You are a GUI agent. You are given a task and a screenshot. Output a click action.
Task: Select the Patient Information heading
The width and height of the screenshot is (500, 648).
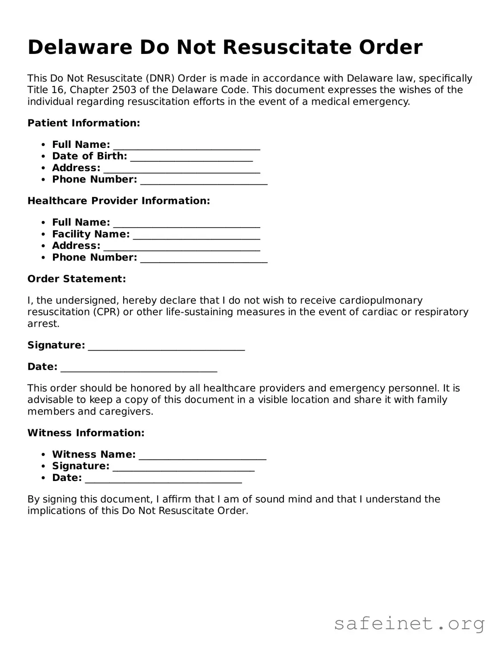pos(84,123)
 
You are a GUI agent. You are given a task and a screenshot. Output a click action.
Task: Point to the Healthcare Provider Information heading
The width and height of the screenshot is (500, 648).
pos(118,201)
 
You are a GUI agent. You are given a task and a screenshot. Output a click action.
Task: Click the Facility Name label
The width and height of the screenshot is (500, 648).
pos(91,234)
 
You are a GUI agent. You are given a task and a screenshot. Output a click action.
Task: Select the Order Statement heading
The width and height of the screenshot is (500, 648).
pos(77,279)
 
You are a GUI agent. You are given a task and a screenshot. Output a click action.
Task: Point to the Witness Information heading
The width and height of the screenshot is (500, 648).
pos(86,433)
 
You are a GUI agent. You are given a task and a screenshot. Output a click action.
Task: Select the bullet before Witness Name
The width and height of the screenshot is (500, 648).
pos(43,455)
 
